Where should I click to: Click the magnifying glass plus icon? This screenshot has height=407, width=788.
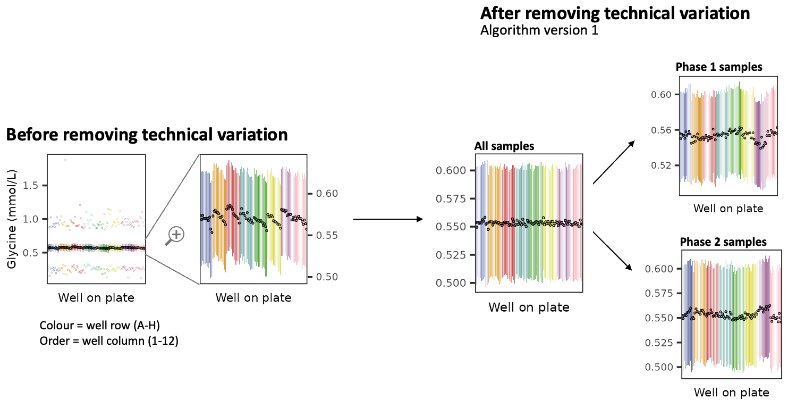click(175, 235)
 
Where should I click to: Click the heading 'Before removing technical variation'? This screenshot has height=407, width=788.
click(147, 135)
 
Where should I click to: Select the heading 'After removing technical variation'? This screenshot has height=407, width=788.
click(615, 13)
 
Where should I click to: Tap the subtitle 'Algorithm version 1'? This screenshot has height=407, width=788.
click(539, 30)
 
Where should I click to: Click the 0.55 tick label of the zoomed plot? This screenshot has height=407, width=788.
click(327, 235)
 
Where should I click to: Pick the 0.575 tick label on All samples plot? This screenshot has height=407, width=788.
click(450, 199)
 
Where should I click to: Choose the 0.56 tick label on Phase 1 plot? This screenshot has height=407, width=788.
click(660, 130)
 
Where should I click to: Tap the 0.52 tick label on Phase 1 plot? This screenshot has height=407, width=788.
click(660, 165)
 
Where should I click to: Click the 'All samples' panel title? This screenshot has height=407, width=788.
click(504, 146)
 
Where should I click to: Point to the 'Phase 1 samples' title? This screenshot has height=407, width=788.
click(719, 67)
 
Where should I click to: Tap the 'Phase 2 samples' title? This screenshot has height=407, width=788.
click(723, 242)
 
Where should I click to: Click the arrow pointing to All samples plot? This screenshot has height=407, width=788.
click(388, 219)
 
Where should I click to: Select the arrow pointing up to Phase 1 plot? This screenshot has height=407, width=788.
click(614, 163)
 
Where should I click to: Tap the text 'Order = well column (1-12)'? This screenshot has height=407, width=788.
click(109, 340)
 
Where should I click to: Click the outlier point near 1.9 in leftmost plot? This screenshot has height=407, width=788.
click(65, 160)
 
